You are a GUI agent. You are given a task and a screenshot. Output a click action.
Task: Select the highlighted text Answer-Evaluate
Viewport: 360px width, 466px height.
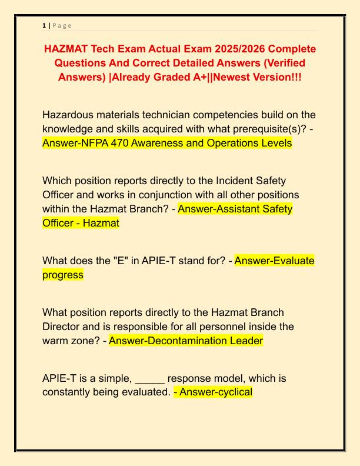point(274,261)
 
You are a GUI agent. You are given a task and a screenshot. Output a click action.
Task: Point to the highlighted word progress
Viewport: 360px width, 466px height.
point(63,275)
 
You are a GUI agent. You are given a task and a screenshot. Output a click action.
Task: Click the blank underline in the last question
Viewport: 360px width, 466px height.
point(151,378)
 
